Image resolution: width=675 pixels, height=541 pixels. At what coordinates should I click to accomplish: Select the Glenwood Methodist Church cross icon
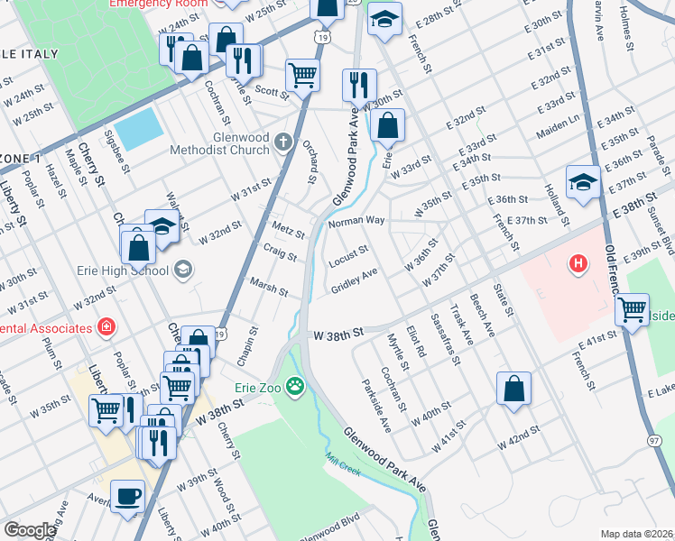click(283, 141)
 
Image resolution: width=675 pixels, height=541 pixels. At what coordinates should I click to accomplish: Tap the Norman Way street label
click(356, 221)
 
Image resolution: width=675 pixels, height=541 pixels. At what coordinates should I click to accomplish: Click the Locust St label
click(349, 252)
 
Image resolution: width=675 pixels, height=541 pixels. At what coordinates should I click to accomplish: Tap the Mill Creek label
click(348, 472)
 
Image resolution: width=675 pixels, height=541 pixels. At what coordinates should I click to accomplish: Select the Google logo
click(30, 530)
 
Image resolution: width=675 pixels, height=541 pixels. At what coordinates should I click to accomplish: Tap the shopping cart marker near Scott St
click(302, 74)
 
